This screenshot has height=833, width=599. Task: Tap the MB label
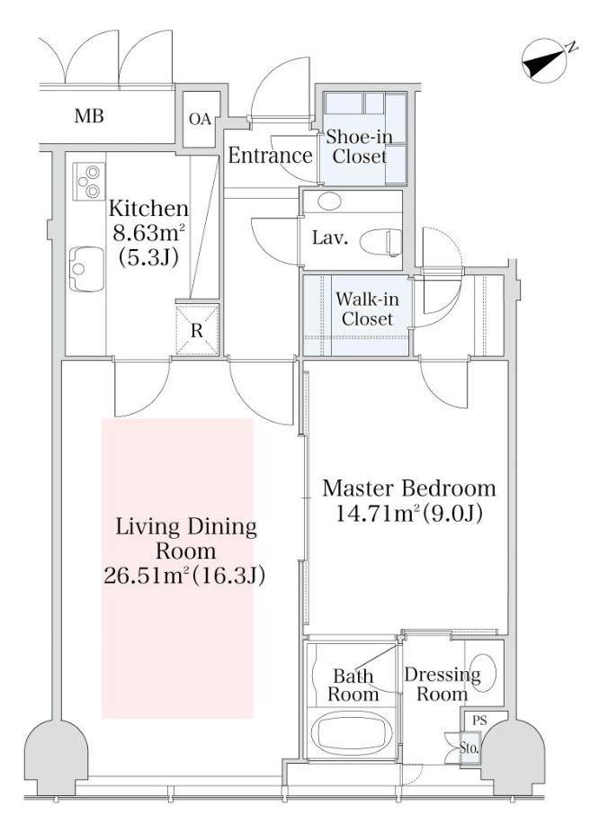tap(89, 116)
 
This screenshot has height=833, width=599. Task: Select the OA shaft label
tap(200, 120)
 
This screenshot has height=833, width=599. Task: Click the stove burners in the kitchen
tap(89, 181)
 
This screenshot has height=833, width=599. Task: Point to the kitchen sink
tap(86, 269)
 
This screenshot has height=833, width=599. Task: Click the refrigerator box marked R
tap(197, 330)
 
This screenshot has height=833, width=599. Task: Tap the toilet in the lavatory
tap(380, 242)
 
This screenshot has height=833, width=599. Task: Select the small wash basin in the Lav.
tap(329, 201)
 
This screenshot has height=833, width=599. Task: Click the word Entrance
tap(270, 156)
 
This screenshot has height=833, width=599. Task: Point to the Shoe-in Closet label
tap(360, 147)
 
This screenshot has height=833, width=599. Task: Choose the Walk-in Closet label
tap(368, 309)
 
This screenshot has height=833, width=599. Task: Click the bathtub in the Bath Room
tap(352, 737)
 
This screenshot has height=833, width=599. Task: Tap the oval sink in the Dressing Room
tap(483, 671)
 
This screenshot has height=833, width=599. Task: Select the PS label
tap(479, 721)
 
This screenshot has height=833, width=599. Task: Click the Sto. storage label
tap(469, 749)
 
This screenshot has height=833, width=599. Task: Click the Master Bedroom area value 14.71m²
tap(378, 514)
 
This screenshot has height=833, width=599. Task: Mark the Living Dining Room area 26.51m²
tap(146, 576)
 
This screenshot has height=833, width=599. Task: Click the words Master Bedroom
tap(409, 488)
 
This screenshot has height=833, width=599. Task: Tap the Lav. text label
tap(330, 238)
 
